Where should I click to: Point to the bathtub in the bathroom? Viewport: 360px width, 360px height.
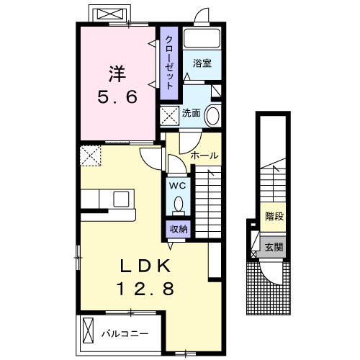click(x=201, y=39)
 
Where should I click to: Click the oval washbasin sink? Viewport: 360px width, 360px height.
click(x=213, y=116)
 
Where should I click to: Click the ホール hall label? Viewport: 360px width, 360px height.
click(x=204, y=156)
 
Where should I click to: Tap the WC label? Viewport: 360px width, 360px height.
click(x=177, y=185)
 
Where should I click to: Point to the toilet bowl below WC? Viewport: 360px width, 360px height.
click(x=177, y=206)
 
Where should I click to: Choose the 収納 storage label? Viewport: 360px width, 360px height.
click(x=179, y=229)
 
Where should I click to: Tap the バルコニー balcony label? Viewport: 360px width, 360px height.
click(x=124, y=333)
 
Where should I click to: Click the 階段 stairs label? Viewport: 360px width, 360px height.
click(x=273, y=215)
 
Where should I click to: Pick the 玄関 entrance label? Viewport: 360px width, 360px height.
click(x=273, y=247)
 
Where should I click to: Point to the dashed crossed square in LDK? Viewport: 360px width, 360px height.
click(x=91, y=154)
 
